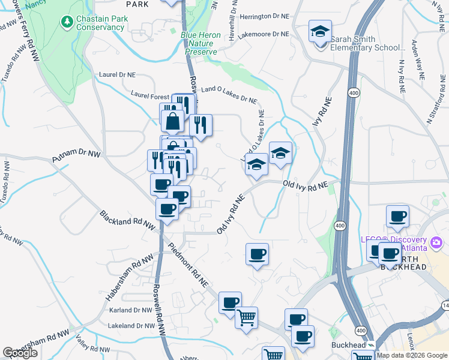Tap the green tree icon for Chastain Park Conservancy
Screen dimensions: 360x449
(x=67, y=22)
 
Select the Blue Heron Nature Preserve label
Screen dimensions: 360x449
(x=200, y=43)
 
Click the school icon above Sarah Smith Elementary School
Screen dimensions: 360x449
(x=321, y=31)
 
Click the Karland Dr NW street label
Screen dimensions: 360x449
(x=131, y=310)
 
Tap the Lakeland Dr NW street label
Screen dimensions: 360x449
(x=132, y=326)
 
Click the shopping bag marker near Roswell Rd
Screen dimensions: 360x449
(x=173, y=121)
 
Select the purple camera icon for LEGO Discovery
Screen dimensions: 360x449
(x=436, y=243)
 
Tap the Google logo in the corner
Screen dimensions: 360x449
(x=20, y=353)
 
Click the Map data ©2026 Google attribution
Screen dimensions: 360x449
(x=412, y=355)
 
